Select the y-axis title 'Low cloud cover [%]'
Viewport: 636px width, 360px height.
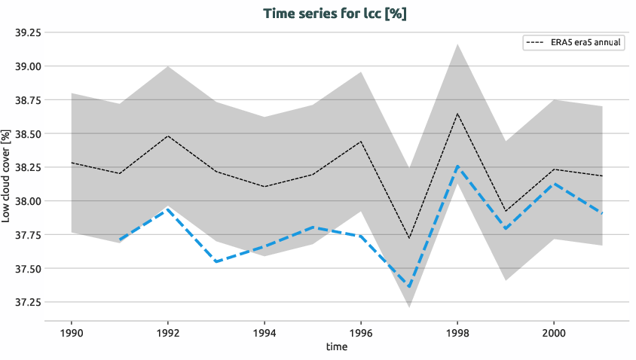tap(7, 175)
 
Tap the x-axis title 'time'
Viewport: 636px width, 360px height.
tap(337, 347)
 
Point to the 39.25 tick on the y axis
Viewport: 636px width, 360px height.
tap(25, 32)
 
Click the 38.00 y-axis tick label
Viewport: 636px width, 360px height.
tap(25, 201)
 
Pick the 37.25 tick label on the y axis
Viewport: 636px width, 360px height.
tap(25, 302)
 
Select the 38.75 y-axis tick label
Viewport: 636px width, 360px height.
tap(25, 100)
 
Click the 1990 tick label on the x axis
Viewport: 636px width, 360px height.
tap(71, 332)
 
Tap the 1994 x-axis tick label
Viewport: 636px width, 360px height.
tap(264, 332)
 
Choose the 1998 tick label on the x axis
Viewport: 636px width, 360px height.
tap(457, 332)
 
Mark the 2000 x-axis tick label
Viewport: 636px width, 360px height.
tap(554, 332)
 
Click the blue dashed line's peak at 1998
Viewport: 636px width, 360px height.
tap(457, 166)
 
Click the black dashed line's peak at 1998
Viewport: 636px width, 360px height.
tap(457, 114)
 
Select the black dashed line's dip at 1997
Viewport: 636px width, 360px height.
tap(409, 239)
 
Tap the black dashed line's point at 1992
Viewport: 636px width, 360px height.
tap(167, 136)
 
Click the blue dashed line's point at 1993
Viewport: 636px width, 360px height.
tap(216, 261)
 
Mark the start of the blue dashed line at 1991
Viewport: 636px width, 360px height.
tap(119, 239)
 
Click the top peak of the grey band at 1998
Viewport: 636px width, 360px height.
tap(457, 44)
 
